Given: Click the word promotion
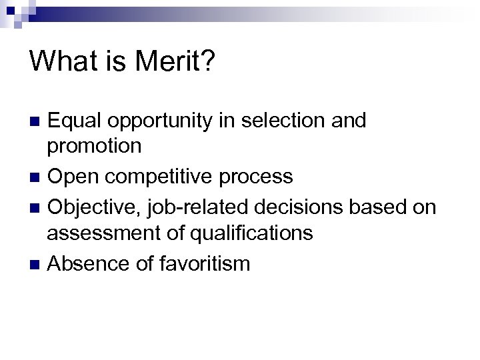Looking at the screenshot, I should pos(94,146).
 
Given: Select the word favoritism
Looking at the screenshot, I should pos(204,263).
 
